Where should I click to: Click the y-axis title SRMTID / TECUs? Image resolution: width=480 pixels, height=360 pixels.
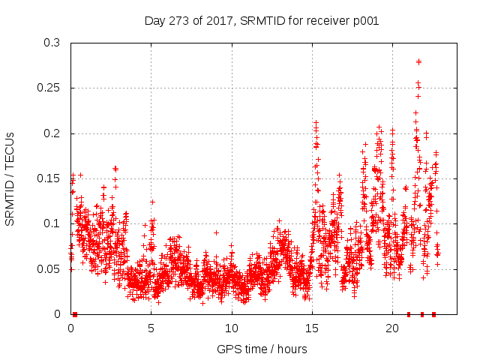coord(10,178)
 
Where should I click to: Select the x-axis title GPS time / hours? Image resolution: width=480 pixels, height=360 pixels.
coord(262,349)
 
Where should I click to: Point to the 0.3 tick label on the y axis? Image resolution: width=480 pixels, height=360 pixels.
coord(52,43)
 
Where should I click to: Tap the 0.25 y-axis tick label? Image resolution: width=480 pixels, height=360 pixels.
coord(49,88)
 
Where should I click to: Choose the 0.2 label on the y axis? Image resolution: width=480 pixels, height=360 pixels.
coord(52,133)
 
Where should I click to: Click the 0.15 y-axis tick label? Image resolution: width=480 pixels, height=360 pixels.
coord(49,178)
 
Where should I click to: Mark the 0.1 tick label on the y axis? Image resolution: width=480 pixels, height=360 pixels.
coord(52,223)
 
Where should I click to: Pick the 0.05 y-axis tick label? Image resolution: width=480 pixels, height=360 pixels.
coord(49,268)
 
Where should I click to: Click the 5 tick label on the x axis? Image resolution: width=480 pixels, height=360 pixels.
coord(151,328)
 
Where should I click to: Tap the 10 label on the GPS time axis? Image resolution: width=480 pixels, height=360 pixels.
coord(232,328)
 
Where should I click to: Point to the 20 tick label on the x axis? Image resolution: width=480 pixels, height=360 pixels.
coord(392,328)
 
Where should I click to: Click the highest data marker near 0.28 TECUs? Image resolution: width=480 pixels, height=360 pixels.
coord(418,61)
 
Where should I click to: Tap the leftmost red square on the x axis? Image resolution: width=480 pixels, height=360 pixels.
coord(75,314)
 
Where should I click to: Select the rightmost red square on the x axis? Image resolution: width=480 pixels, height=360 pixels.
coord(433,314)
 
